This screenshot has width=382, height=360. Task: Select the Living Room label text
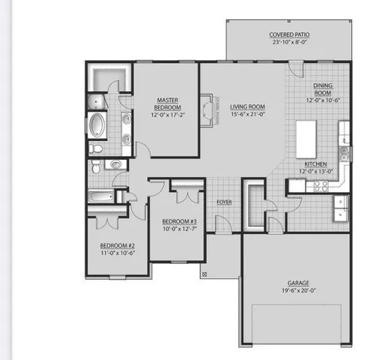point(247,106)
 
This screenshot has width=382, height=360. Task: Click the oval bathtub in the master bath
point(98,124)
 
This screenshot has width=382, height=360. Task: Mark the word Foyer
point(224,202)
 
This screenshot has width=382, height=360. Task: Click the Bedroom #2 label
point(118,246)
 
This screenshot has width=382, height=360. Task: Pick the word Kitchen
point(315,164)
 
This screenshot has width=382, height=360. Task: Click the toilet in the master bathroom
point(94,148)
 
